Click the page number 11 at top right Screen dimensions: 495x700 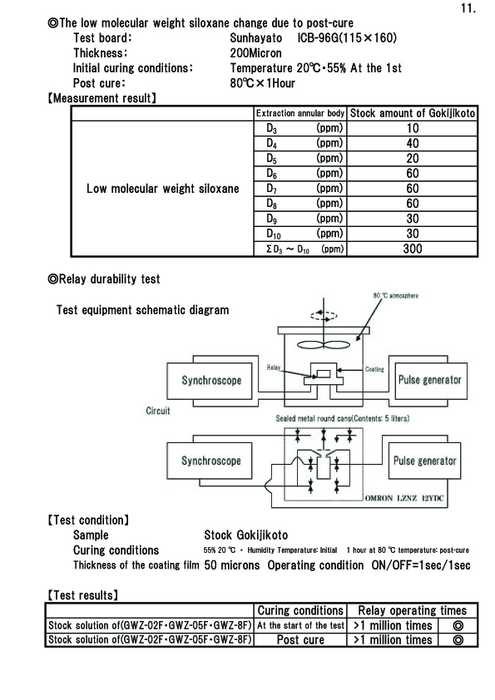click(x=468, y=8)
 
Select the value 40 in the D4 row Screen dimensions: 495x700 click(x=413, y=143)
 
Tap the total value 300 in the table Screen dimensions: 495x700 click(x=413, y=249)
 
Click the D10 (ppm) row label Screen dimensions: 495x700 click(x=304, y=234)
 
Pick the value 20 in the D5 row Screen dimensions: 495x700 click(x=413, y=159)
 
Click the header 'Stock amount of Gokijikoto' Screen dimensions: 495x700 click(x=413, y=113)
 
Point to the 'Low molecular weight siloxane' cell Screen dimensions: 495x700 click(x=162, y=189)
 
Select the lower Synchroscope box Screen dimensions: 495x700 click(x=210, y=461)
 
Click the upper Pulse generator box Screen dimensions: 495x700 click(x=430, y=381)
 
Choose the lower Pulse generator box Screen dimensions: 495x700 click(x=425, y=461)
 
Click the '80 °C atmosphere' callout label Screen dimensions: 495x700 click(x=396, y=295)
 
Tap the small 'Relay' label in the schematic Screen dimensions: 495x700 click(x=274, y=367)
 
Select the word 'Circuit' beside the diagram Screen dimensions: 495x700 click(x=158, y=411)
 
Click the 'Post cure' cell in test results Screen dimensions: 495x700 click(x=300, y=640)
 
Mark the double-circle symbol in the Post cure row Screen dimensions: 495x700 click(x=458, y=640)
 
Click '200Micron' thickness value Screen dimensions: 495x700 click(x=256, y=53)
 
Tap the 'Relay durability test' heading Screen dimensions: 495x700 click(x=104, y=279)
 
